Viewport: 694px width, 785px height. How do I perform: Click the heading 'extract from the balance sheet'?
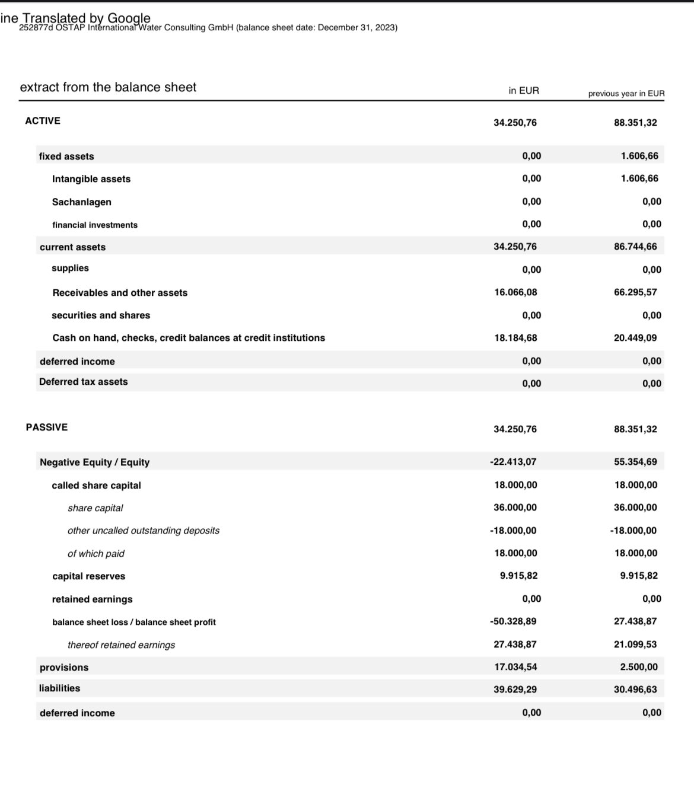pos(108,87)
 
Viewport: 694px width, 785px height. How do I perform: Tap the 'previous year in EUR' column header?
pos(626,94)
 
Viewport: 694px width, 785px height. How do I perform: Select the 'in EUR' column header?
pos(524,91)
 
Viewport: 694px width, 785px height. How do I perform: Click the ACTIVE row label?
pos(43,121)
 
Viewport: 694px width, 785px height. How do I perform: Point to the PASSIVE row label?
pos(47,427)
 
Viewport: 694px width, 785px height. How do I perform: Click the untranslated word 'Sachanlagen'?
pos(82,202)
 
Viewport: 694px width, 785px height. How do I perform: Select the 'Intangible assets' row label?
pos(91,179)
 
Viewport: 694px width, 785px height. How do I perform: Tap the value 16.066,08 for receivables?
pos(515,292)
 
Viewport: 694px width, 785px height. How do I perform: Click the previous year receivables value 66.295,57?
pos(635,292)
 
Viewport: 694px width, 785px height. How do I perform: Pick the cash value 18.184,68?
pos(515,338)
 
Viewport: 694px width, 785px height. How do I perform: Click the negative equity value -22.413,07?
pos(513,462)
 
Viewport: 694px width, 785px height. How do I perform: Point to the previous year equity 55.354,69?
pos(635,462)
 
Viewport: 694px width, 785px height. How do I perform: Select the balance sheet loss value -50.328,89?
pos(513,621)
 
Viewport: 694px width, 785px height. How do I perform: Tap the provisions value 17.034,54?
pos(515,667)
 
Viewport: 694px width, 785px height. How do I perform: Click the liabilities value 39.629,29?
pos(515,690)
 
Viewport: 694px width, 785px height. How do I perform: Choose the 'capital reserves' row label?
pos(89,576)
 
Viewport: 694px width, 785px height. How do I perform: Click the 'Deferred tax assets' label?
pos(84,382)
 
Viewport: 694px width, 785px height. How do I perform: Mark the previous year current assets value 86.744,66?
pos(635,247)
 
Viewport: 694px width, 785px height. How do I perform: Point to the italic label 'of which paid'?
pos(96,554)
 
